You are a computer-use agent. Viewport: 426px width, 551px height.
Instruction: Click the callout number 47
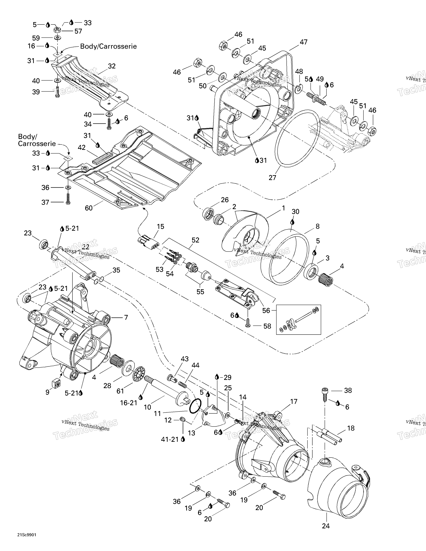tap(303, 42)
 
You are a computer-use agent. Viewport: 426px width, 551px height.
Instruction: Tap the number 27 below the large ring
tap(272, 178)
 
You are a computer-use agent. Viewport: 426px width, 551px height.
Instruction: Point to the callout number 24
tap(326, 526)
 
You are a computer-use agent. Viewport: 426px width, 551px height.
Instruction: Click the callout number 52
tap(195, 240)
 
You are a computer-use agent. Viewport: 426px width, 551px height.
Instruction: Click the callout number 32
tap(112, 66)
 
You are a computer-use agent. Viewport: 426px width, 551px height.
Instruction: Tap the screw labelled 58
tap(248, 325)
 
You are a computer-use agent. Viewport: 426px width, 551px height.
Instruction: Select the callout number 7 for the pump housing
tap(126, 317)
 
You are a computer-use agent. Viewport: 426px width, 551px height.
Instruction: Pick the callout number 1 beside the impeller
tap(283, 208)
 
